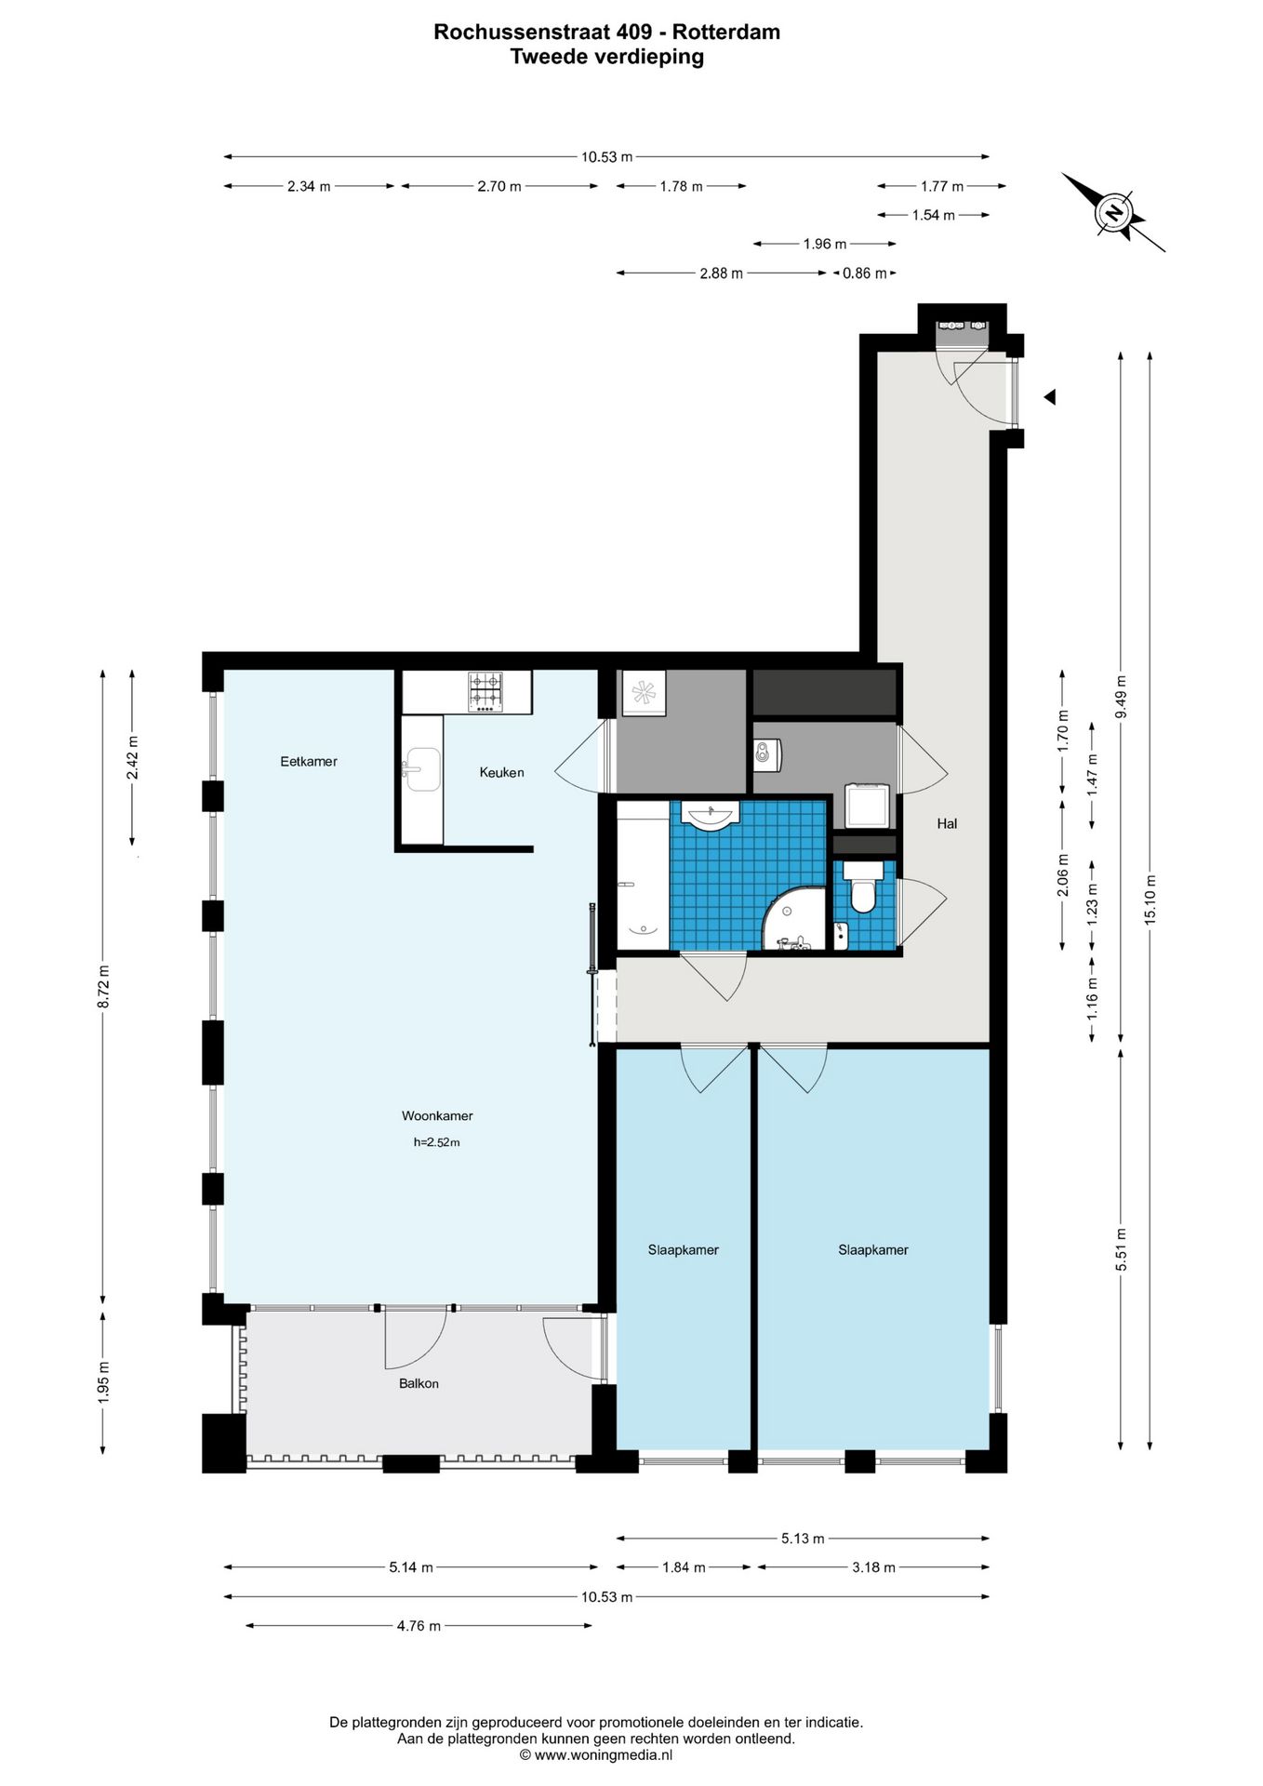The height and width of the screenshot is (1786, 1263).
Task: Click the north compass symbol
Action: (x=1113, y=213)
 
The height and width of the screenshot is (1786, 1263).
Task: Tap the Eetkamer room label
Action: (x=309, y=761)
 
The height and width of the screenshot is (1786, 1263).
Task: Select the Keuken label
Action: (x=501, y=772)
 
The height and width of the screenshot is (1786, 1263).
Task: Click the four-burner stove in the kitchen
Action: (x=485, y=692)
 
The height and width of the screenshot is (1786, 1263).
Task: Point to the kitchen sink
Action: (x=421, y=769)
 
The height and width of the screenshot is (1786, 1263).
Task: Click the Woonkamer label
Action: (x=437, y=1115)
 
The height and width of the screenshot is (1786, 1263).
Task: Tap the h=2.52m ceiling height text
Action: (x=437, y=1142)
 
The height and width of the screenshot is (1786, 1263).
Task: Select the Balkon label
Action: (x=419, y=1383)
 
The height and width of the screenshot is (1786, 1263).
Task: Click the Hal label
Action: (x=947, y=823)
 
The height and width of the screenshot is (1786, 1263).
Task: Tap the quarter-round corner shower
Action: (x=793, y=918)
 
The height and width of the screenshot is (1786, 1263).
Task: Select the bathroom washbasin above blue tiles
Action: (x=711, y=815)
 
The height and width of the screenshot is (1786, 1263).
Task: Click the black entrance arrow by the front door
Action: (x=1049, y=397)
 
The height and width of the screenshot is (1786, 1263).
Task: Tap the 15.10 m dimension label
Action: (x=1150, y=900)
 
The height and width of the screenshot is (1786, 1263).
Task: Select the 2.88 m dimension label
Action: (x=721, y=273)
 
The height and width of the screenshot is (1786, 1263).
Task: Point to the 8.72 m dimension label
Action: (x=104, y=986)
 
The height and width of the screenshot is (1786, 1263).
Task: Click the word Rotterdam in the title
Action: (x=726, y=32)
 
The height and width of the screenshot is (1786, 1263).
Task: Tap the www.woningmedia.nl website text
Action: (x=603, y=1755)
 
